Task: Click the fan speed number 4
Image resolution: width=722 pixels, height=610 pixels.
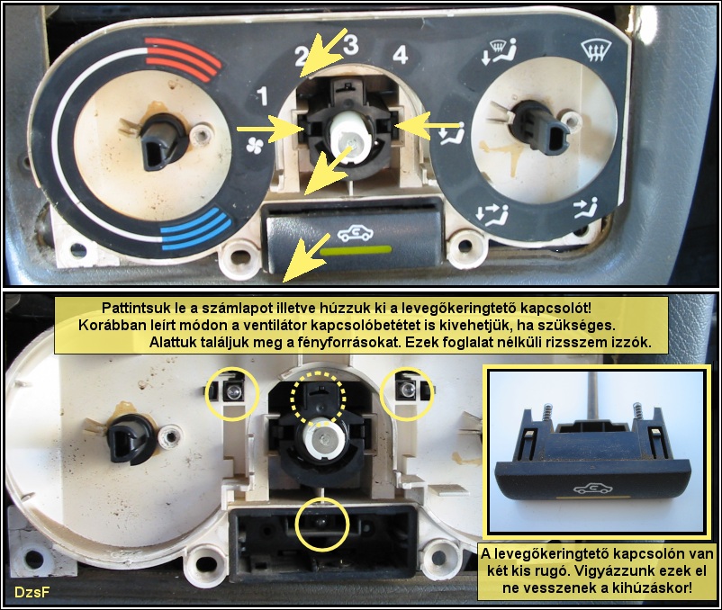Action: click(400, 55)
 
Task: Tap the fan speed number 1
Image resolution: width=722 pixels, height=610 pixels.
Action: click(262, 95)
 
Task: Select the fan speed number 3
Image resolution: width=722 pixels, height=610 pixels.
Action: click(351, 45)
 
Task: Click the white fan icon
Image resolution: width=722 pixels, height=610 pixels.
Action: click(254, 145)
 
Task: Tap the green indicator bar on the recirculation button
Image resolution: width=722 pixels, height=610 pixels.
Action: click(356, 250)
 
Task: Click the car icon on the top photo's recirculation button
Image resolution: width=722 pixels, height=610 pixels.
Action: click(356, 233)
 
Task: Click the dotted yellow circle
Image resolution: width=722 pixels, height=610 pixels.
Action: click(318, 399)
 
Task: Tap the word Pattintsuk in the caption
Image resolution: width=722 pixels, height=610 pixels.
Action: click(131, 307)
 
